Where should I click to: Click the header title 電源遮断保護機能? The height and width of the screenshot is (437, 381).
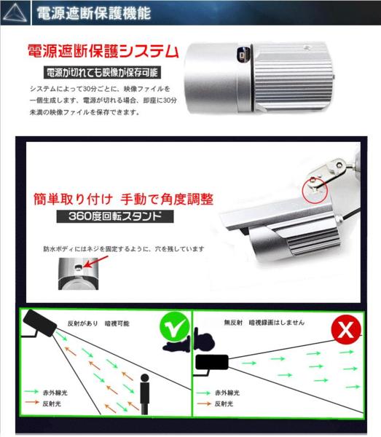[x=93, y=12]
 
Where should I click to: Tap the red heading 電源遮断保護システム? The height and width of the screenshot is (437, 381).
[x=102, y=52]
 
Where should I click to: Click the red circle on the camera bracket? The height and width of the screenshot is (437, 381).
[x=314, y=189]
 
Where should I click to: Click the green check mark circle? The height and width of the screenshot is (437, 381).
[x=173, y=331]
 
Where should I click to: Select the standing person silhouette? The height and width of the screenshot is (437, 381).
[x=145, y=394]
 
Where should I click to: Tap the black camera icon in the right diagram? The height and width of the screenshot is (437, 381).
[x=211, y=362]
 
